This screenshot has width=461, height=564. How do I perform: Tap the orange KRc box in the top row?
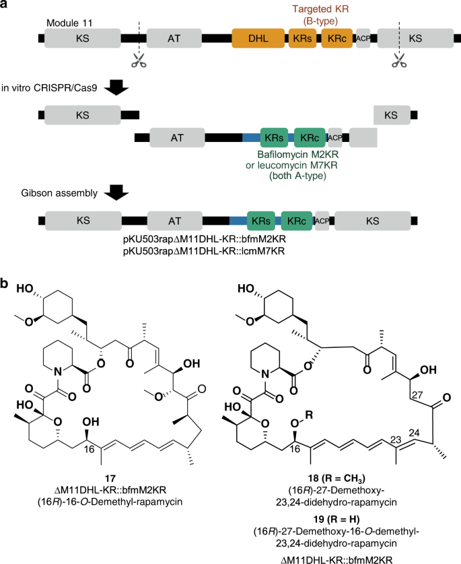pyautogui.click(x=337, y=40)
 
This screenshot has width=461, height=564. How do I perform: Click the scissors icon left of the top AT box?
pyautogui.click(x=137, y=61)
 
